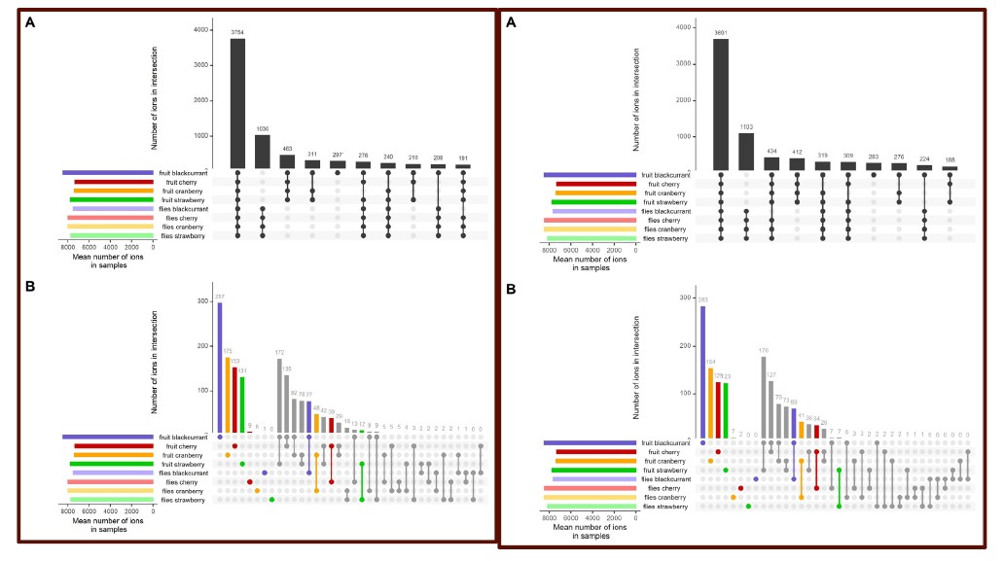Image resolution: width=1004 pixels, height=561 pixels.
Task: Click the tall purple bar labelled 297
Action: (x=220, y=368)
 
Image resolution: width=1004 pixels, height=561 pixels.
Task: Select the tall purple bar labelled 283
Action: (x=702, y=370)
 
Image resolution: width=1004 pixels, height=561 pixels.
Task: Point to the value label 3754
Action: (x=237, y=32)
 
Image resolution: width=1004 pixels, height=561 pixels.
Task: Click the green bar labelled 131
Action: (x=242, y=405)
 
